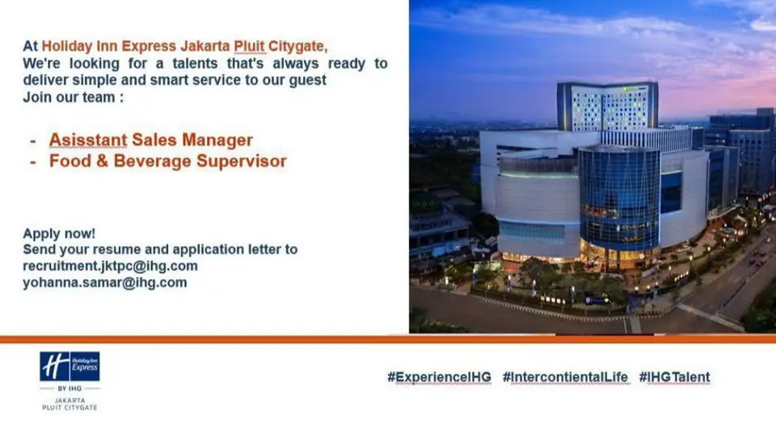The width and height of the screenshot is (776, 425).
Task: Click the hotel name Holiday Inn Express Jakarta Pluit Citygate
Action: pos(183,46)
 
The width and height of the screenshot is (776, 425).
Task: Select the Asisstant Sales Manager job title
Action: pos(151,140)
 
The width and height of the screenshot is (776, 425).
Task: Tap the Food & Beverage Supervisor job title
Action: pos(168,161)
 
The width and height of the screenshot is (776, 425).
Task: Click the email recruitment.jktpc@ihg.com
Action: pos(111,266)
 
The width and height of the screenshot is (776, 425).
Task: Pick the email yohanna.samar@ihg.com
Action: pos(105,283)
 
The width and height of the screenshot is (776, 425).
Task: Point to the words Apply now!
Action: pos(59,233)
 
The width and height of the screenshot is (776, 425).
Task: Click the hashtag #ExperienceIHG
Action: pos(440,377)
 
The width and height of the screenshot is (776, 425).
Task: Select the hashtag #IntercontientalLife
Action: pos(565,377)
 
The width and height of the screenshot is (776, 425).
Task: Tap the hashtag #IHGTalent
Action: pos(674,377)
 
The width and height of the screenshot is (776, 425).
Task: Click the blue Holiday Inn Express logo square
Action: pos(70,367)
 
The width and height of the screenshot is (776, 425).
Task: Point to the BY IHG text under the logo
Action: pos(70,389)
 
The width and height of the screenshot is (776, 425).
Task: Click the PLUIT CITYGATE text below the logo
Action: pos(70,408)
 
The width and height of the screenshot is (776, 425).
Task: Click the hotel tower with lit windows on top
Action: pos(608,107)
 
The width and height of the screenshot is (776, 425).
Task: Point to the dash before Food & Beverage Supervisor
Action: pos(32,162)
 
